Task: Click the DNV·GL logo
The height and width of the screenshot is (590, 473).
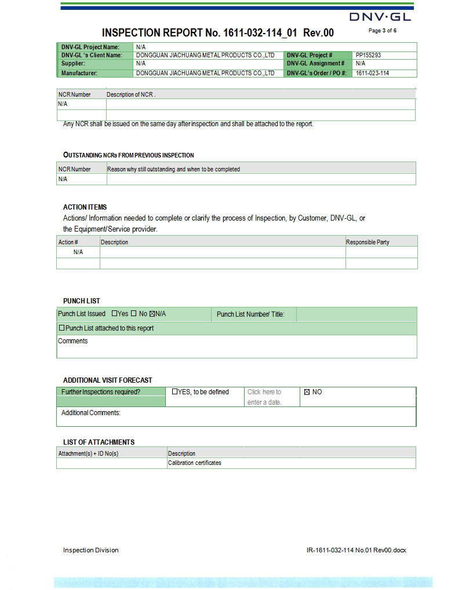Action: tap(380, 16)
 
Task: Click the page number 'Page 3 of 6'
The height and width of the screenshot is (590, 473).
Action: tap(383, 31)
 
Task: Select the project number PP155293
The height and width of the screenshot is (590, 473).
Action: tap(368, 55)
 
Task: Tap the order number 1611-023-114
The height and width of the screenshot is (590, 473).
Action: tap(372, 74)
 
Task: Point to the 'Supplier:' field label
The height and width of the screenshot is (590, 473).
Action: tap(74, 63)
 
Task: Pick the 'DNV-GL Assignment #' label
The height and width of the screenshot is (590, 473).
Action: tap(315, 63)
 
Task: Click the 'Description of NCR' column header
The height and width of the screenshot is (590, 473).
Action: tap(131, 94)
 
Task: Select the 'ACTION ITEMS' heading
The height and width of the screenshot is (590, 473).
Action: tap(85, 207)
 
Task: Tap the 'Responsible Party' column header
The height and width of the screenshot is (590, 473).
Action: tap(368, 242)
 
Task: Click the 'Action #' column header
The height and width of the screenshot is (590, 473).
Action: tap(68, 242)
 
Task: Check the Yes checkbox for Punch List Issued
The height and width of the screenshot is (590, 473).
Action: tap(114, 314)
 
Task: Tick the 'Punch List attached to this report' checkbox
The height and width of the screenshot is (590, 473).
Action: tap(62, 328)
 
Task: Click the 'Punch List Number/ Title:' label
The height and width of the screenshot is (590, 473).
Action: tap(250, 314)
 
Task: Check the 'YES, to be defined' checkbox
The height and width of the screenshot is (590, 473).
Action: tap(175, 392)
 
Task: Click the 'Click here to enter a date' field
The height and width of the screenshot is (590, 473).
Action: tap(264, 397)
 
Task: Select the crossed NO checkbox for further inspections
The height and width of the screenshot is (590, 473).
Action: tap(307, 392)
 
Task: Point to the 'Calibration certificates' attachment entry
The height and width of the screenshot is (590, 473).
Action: tap(194, 463)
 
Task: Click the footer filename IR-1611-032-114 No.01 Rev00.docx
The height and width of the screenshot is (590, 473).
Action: tap(356, 550)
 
